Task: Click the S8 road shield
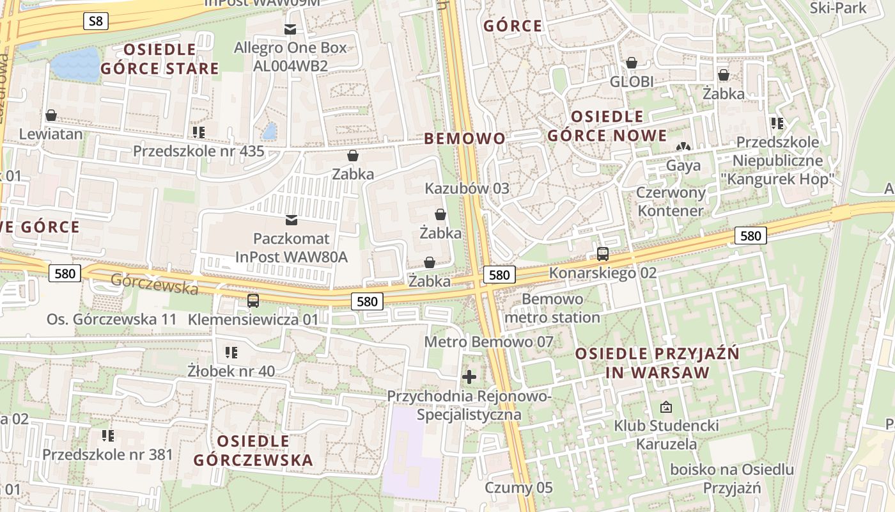95,21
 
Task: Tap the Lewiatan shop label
51,134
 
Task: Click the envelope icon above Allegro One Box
290,29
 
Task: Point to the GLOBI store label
632,81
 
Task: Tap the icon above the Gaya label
683,147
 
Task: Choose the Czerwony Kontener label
671,202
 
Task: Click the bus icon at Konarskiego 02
602,253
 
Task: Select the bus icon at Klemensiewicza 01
253,300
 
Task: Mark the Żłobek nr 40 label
231,371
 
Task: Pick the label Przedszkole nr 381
107,454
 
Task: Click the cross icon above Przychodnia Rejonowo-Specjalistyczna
469,376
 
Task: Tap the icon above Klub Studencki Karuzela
666,407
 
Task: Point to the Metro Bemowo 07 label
489,342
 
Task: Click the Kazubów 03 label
467,188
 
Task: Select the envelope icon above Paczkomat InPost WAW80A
292,220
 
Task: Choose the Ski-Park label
837,8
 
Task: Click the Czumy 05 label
518,488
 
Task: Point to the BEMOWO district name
465,138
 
